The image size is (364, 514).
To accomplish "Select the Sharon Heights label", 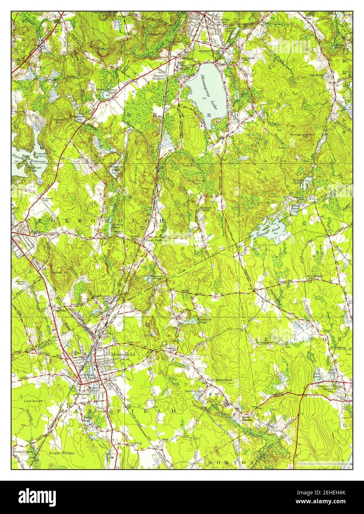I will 161,77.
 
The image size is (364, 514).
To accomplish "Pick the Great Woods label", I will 62,453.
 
